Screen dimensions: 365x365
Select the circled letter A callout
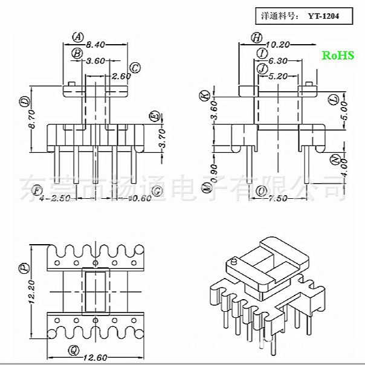coord(78,36)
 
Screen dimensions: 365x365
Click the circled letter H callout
coord(257,37)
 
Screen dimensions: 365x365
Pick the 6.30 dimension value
coord(278,60)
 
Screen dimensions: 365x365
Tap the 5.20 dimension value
coord(278,76)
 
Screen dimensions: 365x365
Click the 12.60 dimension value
coord(97,357)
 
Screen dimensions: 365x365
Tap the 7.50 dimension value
coord(279,199)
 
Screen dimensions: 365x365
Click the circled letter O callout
coord(261,191)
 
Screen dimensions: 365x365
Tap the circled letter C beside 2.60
coord(135,68)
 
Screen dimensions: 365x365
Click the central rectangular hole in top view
coord(94,291)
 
